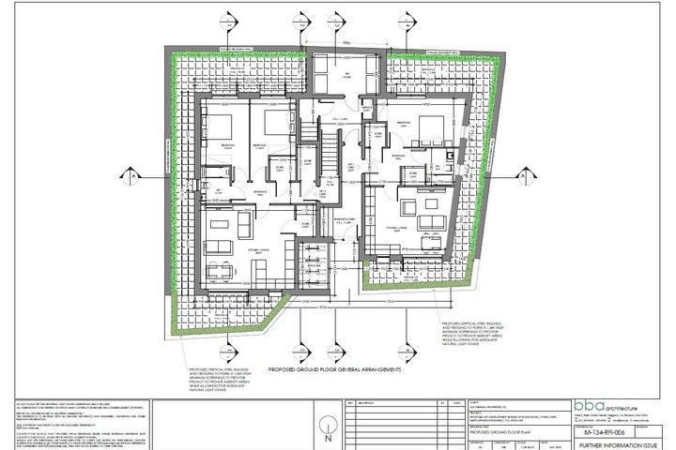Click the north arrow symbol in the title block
(327, 435)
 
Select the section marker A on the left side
(137, 175)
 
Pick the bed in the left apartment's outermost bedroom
(216, 131)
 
